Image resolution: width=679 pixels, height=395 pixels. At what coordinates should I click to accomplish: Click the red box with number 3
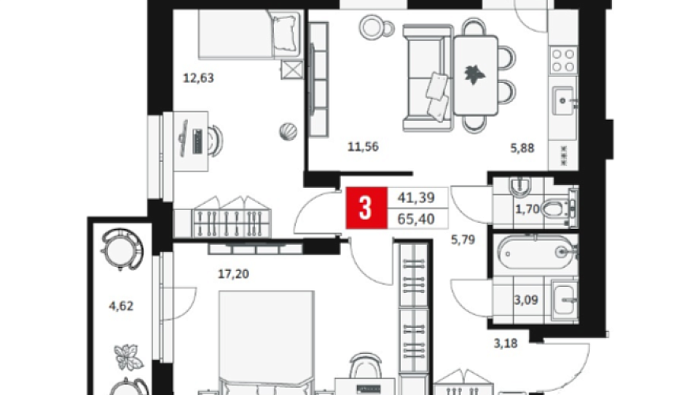pos(366,208)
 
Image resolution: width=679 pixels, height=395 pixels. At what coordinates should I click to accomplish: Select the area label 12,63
pos(198,78)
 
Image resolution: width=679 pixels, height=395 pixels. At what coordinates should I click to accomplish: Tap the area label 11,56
pos(363,147)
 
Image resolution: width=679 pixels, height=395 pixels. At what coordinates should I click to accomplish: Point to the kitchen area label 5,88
pos(522,149)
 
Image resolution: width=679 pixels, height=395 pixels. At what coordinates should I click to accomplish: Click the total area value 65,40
pos(416,219)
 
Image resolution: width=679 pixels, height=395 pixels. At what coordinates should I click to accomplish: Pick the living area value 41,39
pos(416,198)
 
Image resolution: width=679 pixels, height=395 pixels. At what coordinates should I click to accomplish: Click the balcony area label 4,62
pos(121,307)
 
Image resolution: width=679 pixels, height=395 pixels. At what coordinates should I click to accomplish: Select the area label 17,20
pos(233,274)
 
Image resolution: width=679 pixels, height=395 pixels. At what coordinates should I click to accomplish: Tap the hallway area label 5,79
pos(463,239)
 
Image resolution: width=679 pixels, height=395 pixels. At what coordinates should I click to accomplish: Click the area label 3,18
pos(505,344)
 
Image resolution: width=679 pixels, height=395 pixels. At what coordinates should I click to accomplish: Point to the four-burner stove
pos(563,60)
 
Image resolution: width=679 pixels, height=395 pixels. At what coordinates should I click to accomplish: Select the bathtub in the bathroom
pos(536,250)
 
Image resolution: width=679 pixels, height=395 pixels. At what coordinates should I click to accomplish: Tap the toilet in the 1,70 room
pos(557,209)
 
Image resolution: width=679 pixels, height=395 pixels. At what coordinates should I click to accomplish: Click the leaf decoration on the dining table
pos(475,74)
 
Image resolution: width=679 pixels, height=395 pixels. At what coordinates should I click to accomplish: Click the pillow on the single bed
pos(286,33)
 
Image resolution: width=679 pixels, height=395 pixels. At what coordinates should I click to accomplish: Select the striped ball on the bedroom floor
pos(288,131)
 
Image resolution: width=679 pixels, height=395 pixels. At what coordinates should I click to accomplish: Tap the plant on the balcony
pos(128,356)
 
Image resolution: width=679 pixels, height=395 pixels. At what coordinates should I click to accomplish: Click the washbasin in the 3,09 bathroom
pos(565,299)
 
